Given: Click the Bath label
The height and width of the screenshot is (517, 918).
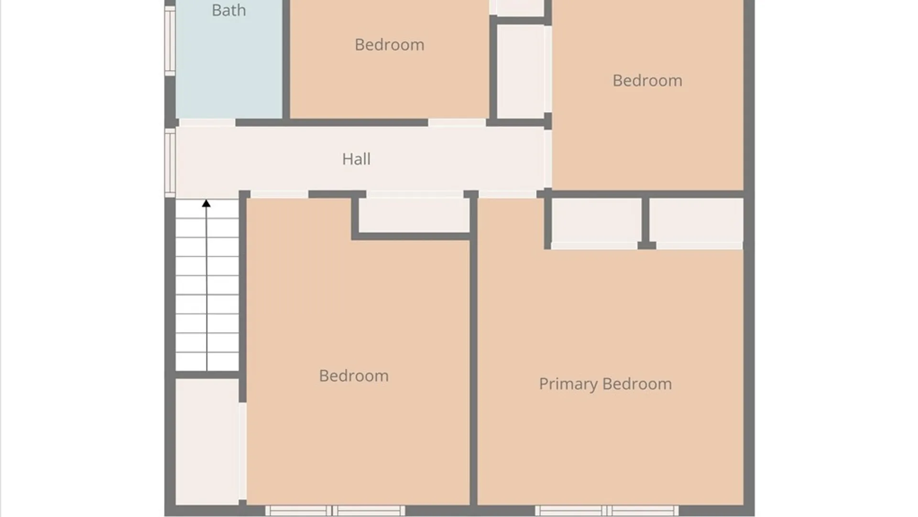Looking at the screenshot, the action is pos(229,10).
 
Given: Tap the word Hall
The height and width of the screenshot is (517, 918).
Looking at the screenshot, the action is pos(356,159).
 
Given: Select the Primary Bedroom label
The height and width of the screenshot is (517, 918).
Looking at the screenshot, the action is pos(605,384).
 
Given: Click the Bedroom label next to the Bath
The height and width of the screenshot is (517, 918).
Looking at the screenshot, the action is pos(389,45).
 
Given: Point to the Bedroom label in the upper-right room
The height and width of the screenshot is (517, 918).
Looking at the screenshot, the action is pos(647,80).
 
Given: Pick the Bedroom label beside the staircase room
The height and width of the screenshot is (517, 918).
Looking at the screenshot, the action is pos(354,376).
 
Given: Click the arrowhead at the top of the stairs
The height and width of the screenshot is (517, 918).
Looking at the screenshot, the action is pos(206,203).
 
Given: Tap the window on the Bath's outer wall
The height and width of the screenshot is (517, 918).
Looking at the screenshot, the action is pos(170,41).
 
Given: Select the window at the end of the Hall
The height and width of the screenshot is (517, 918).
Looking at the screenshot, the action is pos(170,163).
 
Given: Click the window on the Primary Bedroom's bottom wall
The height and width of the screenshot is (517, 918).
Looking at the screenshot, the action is pos(606,510).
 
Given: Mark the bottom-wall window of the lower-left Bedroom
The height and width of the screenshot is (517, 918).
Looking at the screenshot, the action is pos(335,510).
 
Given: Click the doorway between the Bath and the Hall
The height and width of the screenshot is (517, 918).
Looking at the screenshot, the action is pos(207,123).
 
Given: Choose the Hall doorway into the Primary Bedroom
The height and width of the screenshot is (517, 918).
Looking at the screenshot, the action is pos(507,194).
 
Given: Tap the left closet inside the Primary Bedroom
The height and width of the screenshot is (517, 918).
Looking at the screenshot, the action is pos(596,221).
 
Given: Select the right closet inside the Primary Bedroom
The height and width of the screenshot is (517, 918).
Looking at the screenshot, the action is pos(696,221).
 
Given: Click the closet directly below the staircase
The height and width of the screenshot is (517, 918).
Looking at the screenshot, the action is pos(207,441).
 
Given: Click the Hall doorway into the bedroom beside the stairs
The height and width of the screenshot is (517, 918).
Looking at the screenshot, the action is pos(279,194).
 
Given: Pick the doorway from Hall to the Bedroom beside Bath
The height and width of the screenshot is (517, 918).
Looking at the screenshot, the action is pos(457,123).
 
